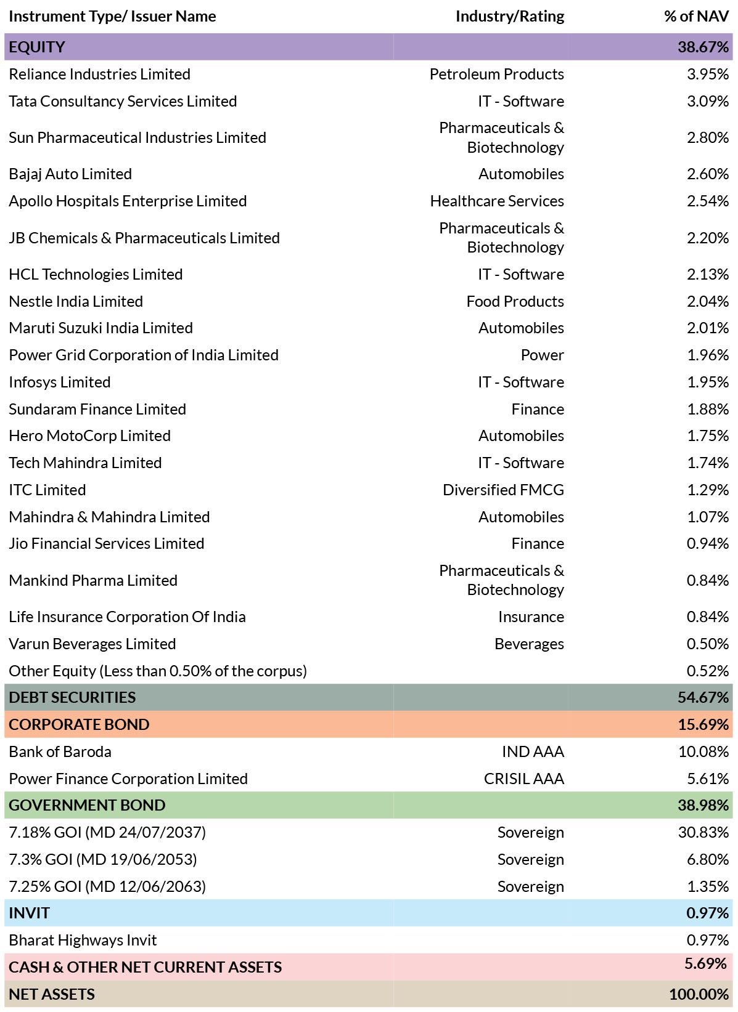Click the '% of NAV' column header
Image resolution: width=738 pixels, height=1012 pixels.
pyautogui.click(x=696, y=16)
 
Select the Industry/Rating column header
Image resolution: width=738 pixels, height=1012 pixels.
pyautogui.click(x=510, y=16)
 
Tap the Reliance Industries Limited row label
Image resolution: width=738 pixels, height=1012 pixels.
pyautogui.click(x=99, y=74)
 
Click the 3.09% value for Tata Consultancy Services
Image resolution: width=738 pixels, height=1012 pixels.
pyautogui.click(x=708, y=101)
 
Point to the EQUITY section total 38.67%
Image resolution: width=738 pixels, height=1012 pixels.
pyautogui.click(x=703, y=47)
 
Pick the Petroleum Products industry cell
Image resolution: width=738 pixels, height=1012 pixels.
pyautogui.click(x=496, y=74)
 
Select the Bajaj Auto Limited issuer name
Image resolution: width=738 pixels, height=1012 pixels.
pyautogui.click(x=70, y=174)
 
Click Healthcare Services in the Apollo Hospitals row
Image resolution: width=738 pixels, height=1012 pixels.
pyautogui.click(x=497, y=201)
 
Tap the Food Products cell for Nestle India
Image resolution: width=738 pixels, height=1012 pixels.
pyautogui.click(x=515, y=301)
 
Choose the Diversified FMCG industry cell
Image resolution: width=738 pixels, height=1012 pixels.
pyautogui.click(x=503, y=490)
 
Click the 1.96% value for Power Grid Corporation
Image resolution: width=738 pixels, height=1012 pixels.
pyautogui.click(x=708, y=355)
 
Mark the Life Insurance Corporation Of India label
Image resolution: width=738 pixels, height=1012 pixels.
pyautogui.click(x=127, y=617)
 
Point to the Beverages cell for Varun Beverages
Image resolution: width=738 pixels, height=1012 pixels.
pyautogui.click(x=529, y=644)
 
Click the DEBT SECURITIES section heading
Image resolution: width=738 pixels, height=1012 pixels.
pyautogui.click(x=72, y=697)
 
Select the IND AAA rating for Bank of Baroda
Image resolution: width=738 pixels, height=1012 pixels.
pyautogui.click(x=533, y=752)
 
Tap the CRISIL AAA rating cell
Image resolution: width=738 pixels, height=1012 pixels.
pyautogui.click(x=523, y=779)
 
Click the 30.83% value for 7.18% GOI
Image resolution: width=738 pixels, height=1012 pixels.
pyautogui.click(x=703, y=832)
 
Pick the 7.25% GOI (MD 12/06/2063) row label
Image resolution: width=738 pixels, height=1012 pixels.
pyautogui.click(x=107, y=886)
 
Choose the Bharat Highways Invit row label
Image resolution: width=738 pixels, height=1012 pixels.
pyautogui.click(x=83, y=940)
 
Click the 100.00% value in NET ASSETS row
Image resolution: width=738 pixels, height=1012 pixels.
pyautogui.click(x=699, y=994)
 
